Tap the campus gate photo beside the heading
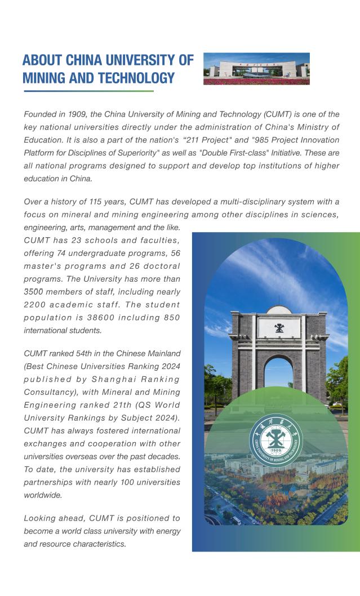coord(256,69)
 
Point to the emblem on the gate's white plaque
coord(279,328)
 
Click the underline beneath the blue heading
coord(88,91)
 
